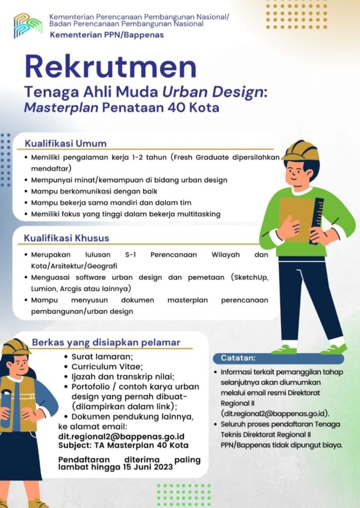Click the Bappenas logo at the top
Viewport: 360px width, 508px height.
(x=28, y=26)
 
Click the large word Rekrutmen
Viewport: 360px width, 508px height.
(x=111, y=66)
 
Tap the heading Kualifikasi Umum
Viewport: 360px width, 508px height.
(x=66, y=144)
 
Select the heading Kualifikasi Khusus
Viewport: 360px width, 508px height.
(x=66, y=238)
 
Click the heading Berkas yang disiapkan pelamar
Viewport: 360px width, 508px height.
(x=106, y=342)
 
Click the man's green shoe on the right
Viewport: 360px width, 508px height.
(x=333, y=349)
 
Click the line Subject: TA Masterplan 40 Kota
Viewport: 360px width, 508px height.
(x=123, y=445)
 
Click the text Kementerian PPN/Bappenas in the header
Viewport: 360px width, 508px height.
(x=106, y=35)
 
